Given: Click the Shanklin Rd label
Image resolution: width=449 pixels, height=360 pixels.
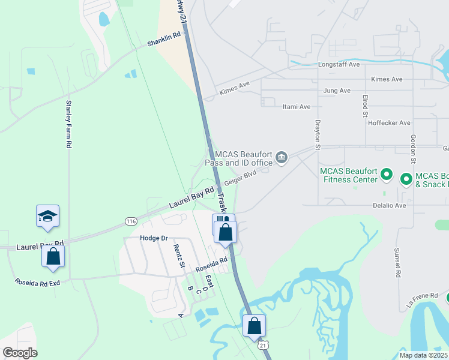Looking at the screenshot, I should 164,40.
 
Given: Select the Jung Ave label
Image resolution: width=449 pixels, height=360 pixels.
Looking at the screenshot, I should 337,91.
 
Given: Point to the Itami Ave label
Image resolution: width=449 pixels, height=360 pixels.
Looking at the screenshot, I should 296,107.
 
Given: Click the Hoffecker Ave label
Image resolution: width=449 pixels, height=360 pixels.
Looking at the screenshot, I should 389,122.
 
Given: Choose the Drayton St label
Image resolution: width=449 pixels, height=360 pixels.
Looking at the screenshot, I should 319,131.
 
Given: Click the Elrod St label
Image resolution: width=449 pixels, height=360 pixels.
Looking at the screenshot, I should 365,105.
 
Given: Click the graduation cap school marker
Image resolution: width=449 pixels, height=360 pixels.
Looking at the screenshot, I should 47,217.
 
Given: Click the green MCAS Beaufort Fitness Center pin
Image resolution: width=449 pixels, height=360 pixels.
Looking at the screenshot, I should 387,176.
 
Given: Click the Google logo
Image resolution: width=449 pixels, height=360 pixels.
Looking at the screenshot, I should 20,353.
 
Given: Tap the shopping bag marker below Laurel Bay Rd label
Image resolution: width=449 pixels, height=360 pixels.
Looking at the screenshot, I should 53,257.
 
